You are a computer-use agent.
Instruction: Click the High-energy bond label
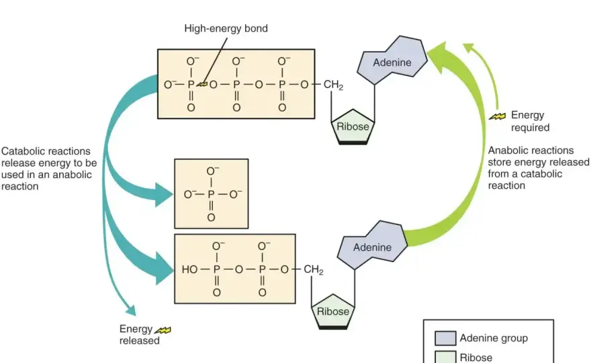(x=226, y=29)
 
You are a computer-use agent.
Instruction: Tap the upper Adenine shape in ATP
(x=392, y=61)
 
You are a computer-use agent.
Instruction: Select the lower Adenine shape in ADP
(x=372, y=245)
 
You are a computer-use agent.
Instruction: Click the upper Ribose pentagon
(x=353, y=127)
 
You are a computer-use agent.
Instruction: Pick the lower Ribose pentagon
(x=333, y=312)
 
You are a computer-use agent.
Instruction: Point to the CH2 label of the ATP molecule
(x=333, y=85)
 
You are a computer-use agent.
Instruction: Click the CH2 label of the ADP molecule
(x=313, y=270)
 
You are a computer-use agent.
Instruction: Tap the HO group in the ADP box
(x=189, y=270)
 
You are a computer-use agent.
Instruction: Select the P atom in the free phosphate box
(x=211, y=194)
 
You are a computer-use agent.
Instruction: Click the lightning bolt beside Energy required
(x=498, y=116)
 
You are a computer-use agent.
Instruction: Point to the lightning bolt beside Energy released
(x=163, y=331)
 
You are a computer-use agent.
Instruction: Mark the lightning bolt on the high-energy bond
(x=203, y=84)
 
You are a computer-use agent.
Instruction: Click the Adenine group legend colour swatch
(x=445, y=338)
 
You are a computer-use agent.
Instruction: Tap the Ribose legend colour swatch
(x=445, y=357)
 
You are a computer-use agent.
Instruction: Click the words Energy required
(x=530, y=121)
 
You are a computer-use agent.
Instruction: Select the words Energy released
(x=140, y=335)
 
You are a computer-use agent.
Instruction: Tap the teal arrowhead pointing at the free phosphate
(x=165, y=195)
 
